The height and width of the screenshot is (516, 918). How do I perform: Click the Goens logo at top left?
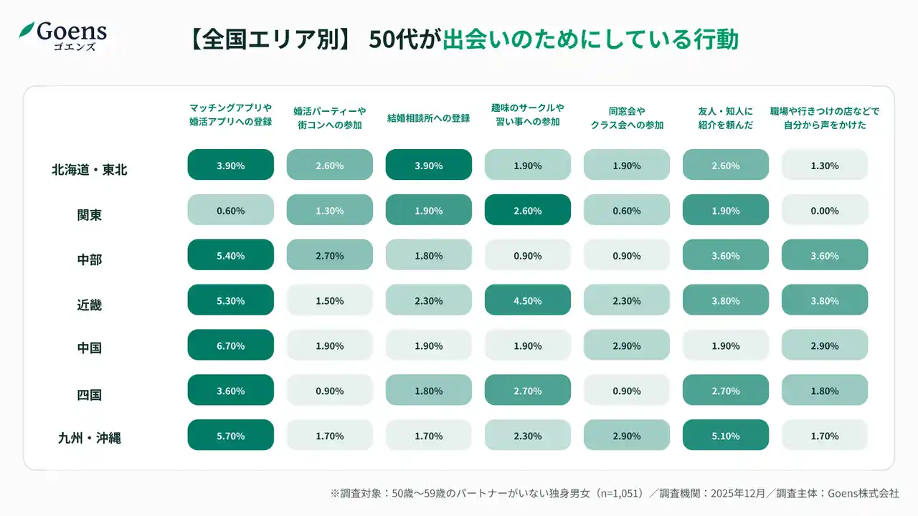point(63,34)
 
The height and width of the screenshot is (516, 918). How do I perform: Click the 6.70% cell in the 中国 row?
point(231,345)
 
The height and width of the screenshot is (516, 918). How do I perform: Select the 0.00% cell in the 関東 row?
point(825,211)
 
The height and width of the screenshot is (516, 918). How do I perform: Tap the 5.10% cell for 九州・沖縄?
point(726,436)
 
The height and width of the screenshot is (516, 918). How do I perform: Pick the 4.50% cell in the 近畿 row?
point(528,301)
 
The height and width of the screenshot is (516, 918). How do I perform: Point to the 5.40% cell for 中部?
point(231,256)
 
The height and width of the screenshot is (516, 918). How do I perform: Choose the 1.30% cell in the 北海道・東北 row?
point(825,166)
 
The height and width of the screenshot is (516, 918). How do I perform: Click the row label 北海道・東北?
point(90,170)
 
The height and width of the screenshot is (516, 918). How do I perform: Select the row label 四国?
point(90,393)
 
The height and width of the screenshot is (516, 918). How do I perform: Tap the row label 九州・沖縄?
point(90,438)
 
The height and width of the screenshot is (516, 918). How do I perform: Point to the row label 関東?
point(90,214)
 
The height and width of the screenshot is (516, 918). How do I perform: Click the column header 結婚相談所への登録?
point(429,118)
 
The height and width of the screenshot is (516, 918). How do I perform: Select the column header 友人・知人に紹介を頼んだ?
point(726,118)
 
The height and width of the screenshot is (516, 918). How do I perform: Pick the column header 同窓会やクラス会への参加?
point(627,118)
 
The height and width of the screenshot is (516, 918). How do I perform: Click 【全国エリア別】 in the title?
point(269,39)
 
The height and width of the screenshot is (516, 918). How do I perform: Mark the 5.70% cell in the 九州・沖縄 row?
point(231,436)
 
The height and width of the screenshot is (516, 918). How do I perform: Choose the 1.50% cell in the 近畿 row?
point(330,301)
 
